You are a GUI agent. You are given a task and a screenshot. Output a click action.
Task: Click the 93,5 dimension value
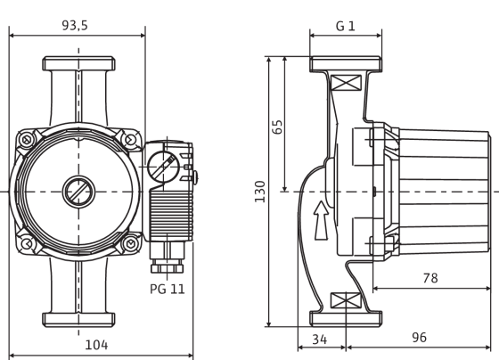(x=75, y=26)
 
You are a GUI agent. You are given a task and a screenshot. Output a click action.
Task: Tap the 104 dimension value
(x=96, y=345)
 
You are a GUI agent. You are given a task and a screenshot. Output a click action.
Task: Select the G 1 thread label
(x=346, y=26)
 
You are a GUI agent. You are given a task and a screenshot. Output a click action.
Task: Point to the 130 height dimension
(x=260, y=192)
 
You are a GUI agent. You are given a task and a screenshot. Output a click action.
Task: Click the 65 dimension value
(x=277, y=127)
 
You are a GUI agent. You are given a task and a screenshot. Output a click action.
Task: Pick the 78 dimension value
(x=430, y=278)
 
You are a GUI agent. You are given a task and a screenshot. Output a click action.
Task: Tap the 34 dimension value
(x=319, y=340)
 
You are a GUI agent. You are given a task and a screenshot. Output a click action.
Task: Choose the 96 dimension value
(x=419, y=338)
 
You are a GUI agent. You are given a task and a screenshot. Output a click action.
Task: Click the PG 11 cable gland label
(x=168, y=289)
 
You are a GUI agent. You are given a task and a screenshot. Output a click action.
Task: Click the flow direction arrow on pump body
(x=321, y=220)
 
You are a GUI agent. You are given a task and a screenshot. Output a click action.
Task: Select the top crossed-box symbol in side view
(x=347, y=83)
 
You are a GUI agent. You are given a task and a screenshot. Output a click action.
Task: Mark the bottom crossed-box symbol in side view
(x=347, y=301)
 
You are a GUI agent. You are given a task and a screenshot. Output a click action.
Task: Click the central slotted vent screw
(x=78, y=192)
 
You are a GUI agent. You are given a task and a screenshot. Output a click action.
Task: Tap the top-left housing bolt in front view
(x=27, y=139)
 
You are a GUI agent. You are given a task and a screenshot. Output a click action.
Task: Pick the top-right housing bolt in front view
(x=130, y=139)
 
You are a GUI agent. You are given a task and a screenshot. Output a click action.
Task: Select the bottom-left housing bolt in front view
(x=27, y=244)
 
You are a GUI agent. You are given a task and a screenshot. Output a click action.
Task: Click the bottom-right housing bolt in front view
(x=130, y=244)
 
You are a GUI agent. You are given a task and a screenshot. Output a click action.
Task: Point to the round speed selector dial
(x=163, y=166)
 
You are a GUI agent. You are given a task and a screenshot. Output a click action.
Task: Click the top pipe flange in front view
(x=79, y=63)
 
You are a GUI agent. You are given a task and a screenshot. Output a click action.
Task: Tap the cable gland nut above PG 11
(x=168, y=268)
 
